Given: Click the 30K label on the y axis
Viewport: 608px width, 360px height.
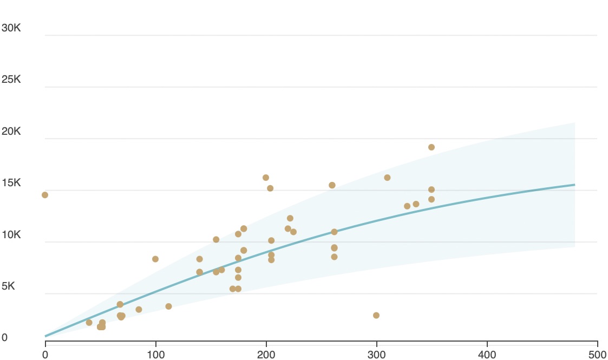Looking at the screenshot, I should pyautogui.click(x=11, y=28).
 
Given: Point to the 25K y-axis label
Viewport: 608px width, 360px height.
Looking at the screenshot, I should pyautogui.click(x=11, y=80).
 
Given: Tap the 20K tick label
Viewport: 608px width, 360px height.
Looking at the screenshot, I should pyautogui.click(x=11, y=132).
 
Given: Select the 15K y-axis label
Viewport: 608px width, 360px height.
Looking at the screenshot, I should pyautogui.click(x=11, y=183).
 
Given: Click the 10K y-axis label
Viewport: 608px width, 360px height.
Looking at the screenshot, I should pyautogui.click(x=11, y=235).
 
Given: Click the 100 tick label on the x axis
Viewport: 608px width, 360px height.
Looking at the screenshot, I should pyautogui.click(x=156, y=355).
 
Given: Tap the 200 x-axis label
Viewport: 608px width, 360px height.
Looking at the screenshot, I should pyautogui.click(x=266, y=355).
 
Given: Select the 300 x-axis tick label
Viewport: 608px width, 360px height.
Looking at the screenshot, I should pyautogui.click(x=377, y=355).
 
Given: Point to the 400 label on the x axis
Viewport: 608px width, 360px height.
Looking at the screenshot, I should pyautogui.click(x=487, y=355).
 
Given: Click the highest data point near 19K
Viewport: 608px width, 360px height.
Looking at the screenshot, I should pyautogui.click(x=432, y=147).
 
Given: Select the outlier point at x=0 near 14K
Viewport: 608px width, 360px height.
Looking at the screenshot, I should pyautogui.click(x=45, y=195).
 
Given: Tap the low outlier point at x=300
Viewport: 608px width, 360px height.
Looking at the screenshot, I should pyautogui.click(x=376, y=316).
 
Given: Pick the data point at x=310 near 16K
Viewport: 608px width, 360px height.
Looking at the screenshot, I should pyautogui.click(x=387, y=178).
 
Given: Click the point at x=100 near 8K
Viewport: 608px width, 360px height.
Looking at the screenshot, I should pyautogui.click(x=155, y=259).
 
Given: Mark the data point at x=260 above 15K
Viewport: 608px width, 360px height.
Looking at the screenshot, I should pyautogui.click(x=332, y=185).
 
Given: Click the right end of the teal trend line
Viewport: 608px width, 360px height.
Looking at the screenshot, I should pyautogui.click(x=574, y=185).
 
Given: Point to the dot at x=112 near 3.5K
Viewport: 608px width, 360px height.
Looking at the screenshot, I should pyautogui.click(x=168, y=306).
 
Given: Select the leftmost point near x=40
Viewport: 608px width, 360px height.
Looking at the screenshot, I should pyautogui.click(x=89, y=323).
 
